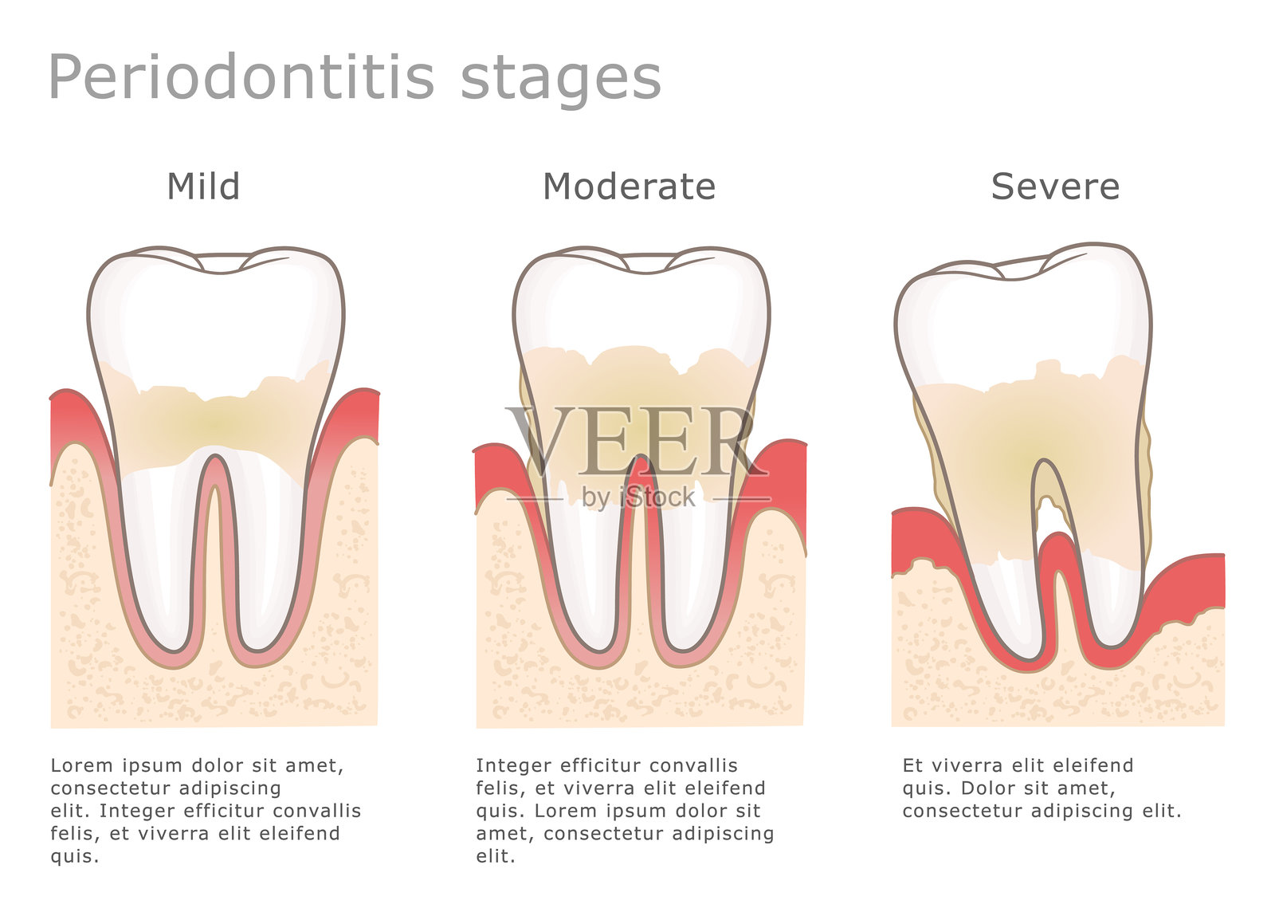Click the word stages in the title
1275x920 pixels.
click(561, 80)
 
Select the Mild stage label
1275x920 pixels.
click(203, 187)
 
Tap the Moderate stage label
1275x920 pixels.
click(629, 187)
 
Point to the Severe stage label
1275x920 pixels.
click(1055, 187)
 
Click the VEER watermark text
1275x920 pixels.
click(637, 440)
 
